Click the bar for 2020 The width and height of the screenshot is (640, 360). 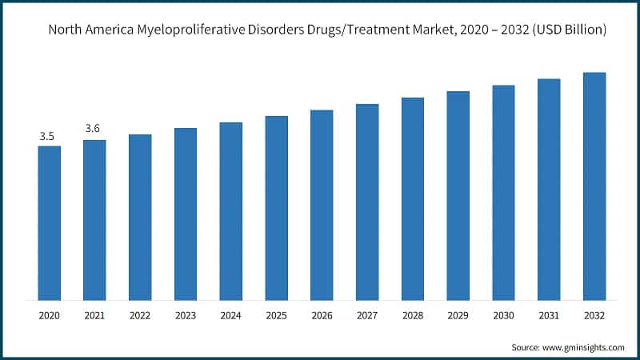[x=50, y=222]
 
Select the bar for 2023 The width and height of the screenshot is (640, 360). [x=186, y=214]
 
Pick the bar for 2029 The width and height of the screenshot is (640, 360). [x=458, y=195]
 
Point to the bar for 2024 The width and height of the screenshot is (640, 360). [x=231, y=211]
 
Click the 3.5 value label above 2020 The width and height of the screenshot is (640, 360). [x=47, y=137]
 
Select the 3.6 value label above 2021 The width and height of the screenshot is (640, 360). [x=93, y=128]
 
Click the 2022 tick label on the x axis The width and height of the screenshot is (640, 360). [x=140, y=316]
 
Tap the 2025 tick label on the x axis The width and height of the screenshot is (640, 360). [x=276, y=316]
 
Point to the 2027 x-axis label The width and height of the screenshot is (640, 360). [x=367, y=316]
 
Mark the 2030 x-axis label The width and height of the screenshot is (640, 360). [x=503, y=316]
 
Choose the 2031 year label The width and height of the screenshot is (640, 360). [x=549, y=316]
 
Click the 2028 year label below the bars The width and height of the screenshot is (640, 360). [x=413, y=316]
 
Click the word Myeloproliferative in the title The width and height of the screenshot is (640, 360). [x=201, y=30]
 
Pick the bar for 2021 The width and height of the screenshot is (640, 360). [x=94, y=220]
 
